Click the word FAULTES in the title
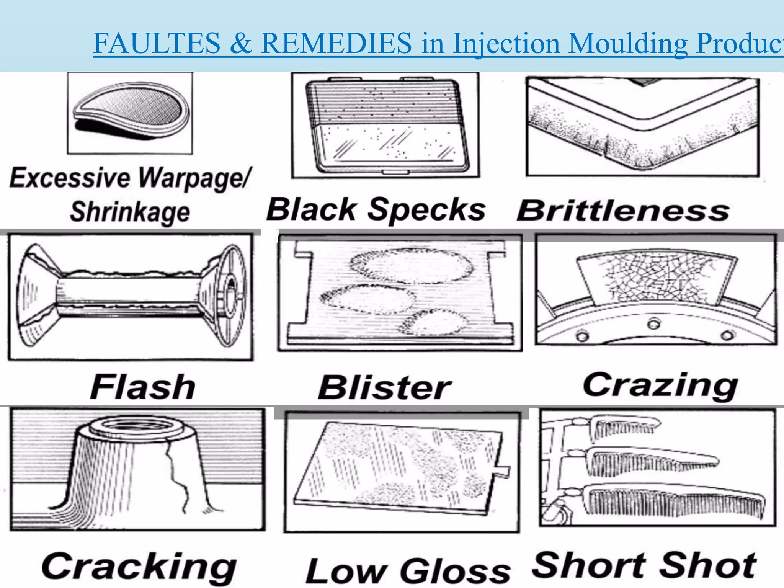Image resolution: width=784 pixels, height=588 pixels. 157,43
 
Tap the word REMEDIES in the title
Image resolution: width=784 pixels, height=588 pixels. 336,43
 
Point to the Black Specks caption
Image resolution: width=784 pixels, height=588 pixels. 376,209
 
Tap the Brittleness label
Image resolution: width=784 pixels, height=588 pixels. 623,211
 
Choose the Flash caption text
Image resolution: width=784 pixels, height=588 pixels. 143,387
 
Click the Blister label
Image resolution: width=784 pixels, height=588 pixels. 384,388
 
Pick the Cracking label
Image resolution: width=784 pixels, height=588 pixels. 139,567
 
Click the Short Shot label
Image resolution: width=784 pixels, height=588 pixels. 644,565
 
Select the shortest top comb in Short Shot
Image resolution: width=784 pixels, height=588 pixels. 624,427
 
